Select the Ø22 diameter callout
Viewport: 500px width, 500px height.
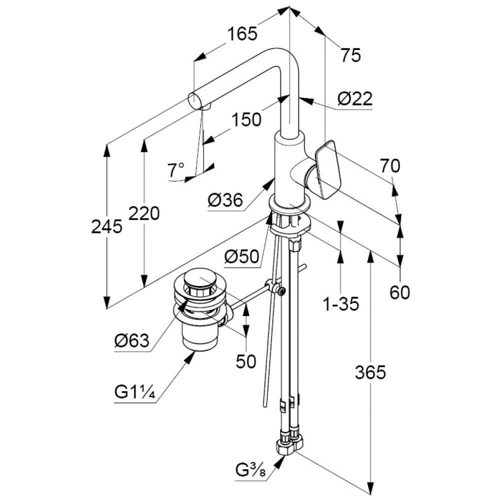(354, 99)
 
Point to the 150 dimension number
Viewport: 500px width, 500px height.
(246, 119)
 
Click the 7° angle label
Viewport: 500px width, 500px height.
(176, 170)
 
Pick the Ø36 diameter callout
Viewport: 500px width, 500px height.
(225, 200)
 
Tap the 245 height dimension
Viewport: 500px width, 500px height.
(106, 226)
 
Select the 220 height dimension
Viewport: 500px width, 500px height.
(144, 213)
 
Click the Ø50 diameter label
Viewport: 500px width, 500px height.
(241, 256)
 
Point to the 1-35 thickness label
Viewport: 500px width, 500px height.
(340, 303)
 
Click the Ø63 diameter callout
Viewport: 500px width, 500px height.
(131, 341)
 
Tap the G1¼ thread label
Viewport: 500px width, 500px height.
(135, 392)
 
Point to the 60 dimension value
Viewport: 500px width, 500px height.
(399, 292)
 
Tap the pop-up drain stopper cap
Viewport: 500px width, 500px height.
(199, 277)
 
